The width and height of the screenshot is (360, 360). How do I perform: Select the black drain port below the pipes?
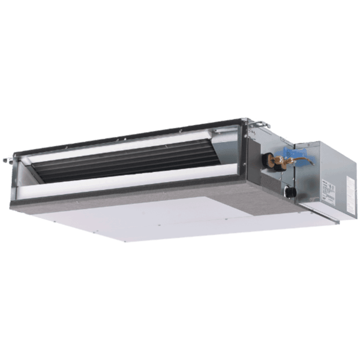(x=289, y=192)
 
